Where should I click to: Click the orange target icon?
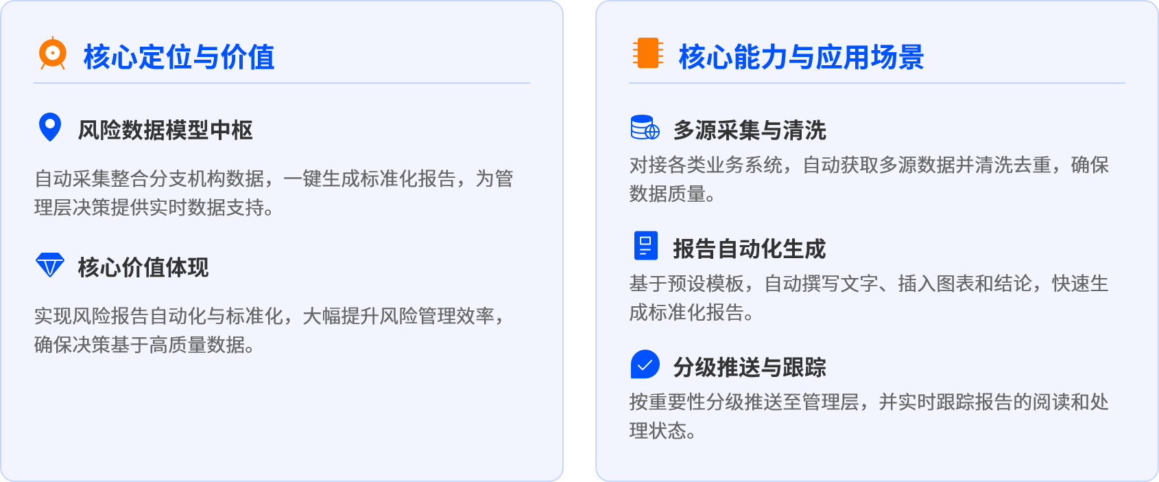point(53,53)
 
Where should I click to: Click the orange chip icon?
point(647,53)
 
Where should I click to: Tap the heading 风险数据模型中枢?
point(165,130)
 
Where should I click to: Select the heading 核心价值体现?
point(143,268)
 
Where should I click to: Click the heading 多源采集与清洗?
point(750,130)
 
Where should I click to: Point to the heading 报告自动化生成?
point(750,249)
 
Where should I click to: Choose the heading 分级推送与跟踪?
point(750,368)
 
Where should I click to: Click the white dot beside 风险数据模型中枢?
point(50,124)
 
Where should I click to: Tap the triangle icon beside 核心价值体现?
point(50,266)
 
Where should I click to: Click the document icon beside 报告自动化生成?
point(645,245)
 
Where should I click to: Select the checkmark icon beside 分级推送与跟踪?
point(645,365)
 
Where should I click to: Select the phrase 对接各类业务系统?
point(706,165)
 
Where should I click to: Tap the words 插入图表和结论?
point(965,284)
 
